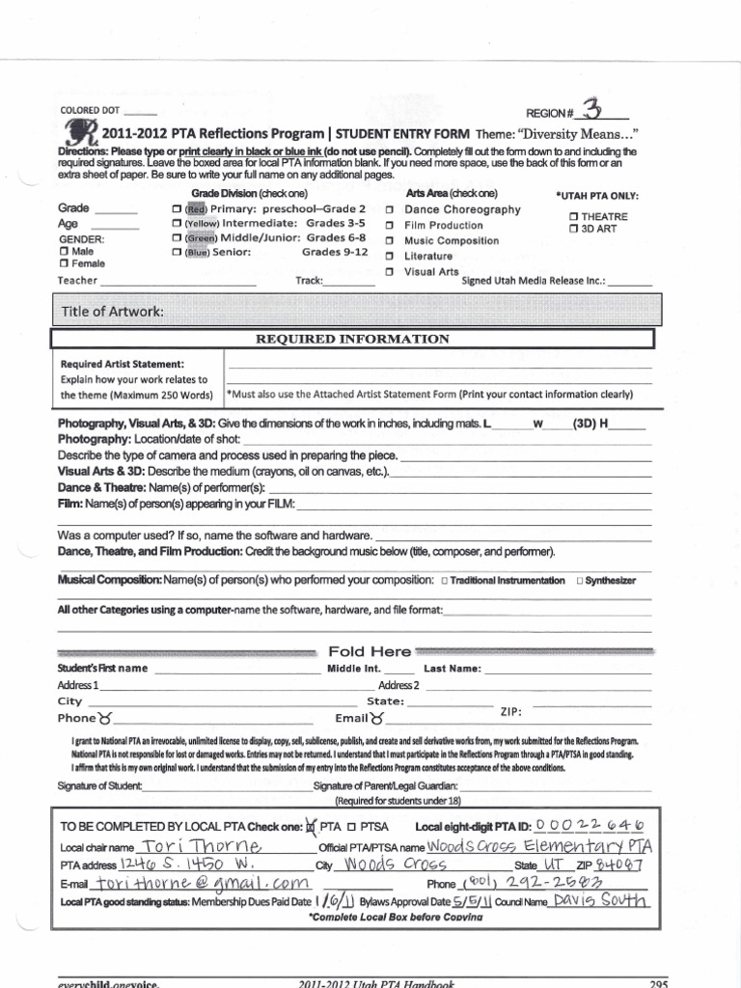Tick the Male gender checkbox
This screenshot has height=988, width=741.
(x=64, y=251)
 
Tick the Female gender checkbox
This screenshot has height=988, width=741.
(x=64, y=263)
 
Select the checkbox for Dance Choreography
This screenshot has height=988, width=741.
(x=389, y=209)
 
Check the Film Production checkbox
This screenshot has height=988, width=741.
(x=389, y=225)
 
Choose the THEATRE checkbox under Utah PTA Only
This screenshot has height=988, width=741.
(x=574, y=217)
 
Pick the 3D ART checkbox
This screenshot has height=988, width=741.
(x=574, y=230)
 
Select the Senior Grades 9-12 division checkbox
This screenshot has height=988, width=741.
(x=177, y=253)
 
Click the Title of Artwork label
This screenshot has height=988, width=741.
(x=113, y=312)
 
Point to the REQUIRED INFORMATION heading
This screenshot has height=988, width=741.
(x=352, y=339)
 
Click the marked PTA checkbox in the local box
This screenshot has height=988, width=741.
(x=311, y=827)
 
